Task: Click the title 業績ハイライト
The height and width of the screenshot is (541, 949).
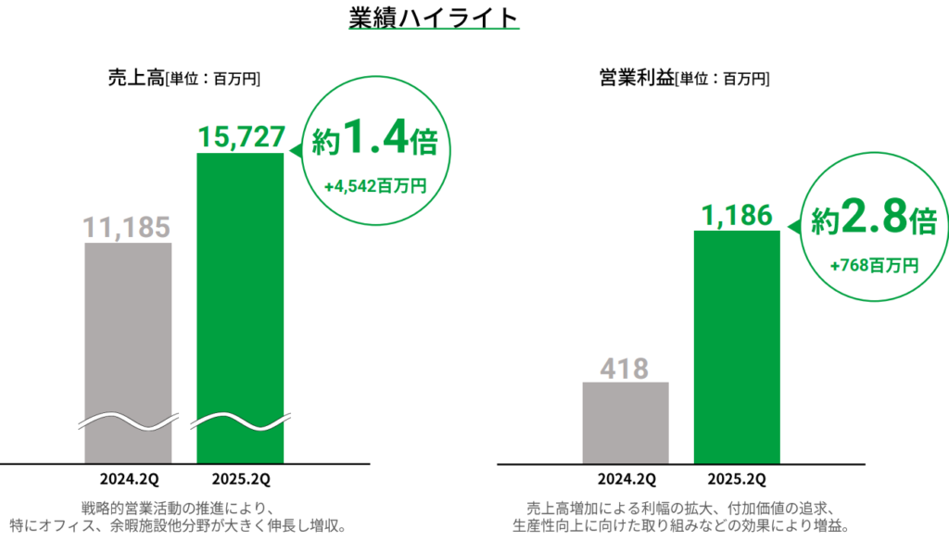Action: (x=433, y=19)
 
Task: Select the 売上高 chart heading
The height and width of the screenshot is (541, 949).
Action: (x=135, y=79)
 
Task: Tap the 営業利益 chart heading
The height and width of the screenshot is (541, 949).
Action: (x=636, y=79)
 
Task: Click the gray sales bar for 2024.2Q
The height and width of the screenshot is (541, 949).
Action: (x=128, y=352)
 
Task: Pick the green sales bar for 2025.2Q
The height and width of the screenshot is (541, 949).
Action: (x=240, y=306)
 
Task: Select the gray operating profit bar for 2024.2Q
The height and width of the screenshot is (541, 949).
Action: (x=626, y=421)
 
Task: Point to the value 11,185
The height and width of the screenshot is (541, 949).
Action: (x=128, y=227)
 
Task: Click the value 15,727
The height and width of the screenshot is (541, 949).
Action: (x=240, y=137)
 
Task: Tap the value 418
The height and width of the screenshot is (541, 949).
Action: (x=626, y=367)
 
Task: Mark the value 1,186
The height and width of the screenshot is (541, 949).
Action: (x=737, y=215)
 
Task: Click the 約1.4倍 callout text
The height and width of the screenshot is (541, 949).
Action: (x=376, y=140)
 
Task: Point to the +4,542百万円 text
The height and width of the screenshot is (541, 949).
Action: (x=375, y=186)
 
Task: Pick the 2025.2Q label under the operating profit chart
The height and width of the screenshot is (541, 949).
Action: (x=736, y=479)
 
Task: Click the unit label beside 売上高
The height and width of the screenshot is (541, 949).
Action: (x=212, y=80)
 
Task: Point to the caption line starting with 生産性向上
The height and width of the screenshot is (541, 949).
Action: (x=679, y=525)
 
